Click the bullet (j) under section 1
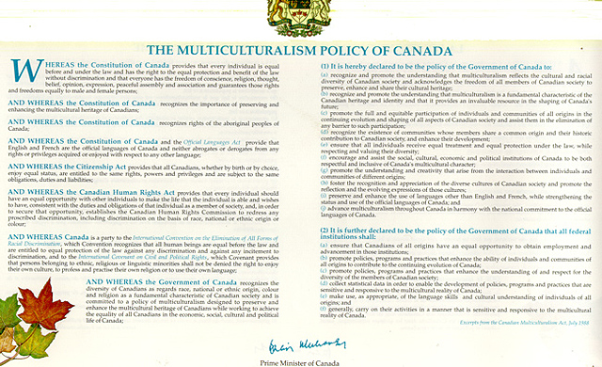(325, 208)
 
